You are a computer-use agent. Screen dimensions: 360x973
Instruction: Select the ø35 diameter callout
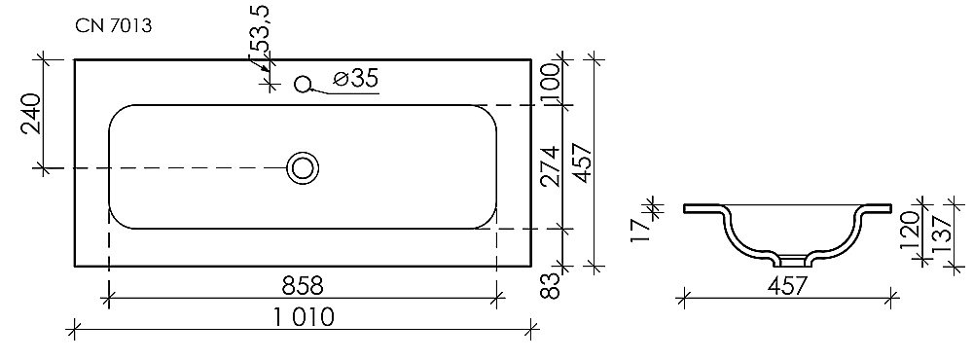pyautogui.click(x=355, y=79)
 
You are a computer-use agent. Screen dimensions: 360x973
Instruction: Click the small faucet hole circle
pyautogui.click(x=302, y=84)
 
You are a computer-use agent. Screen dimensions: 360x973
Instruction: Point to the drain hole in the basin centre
pyautogui.click(x=304, y=168)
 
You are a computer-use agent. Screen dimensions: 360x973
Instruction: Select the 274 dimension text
pyautogui.click(x=551, y=166)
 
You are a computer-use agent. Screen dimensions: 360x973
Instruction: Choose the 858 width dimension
pyautogui.click(x=302, y=286)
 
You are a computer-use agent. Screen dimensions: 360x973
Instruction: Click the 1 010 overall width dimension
pyautogui.click(x=302, y=316)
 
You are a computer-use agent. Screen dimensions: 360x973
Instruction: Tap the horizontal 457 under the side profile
pyautogui.click(x=786, y=286)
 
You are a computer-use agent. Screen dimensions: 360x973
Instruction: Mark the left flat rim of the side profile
pyautogui.click(x=701, y=207)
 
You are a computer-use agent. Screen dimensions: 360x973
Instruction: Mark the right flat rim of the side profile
pyautogui.click(x=874, y=207)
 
